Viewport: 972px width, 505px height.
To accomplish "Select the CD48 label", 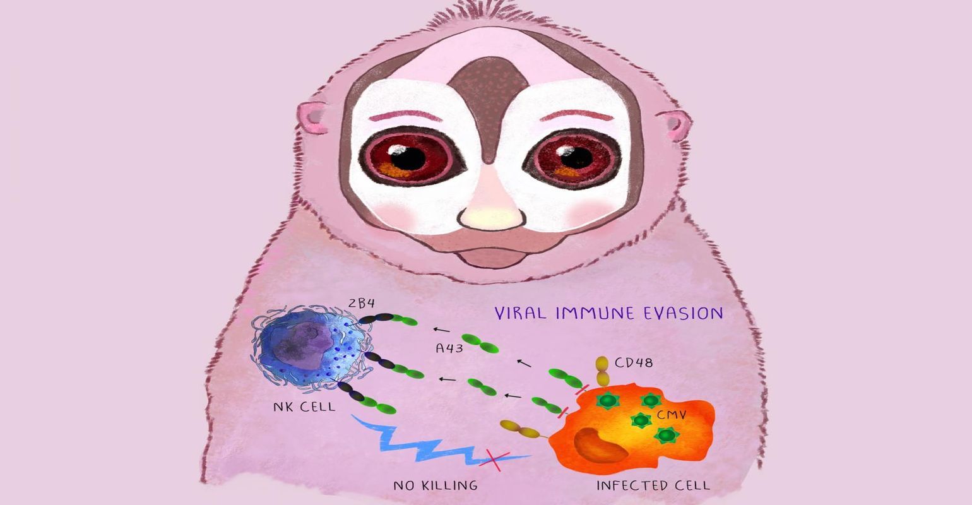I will pyautogui.click(x=634, y=363).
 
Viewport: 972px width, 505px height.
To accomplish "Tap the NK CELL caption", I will pyautogui.click(x=304, y=407).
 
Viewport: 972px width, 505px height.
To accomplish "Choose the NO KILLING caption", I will pyautogui.click(x=436, y=485).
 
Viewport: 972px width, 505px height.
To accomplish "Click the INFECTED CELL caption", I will pyautogui.click(x=653, y=485).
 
